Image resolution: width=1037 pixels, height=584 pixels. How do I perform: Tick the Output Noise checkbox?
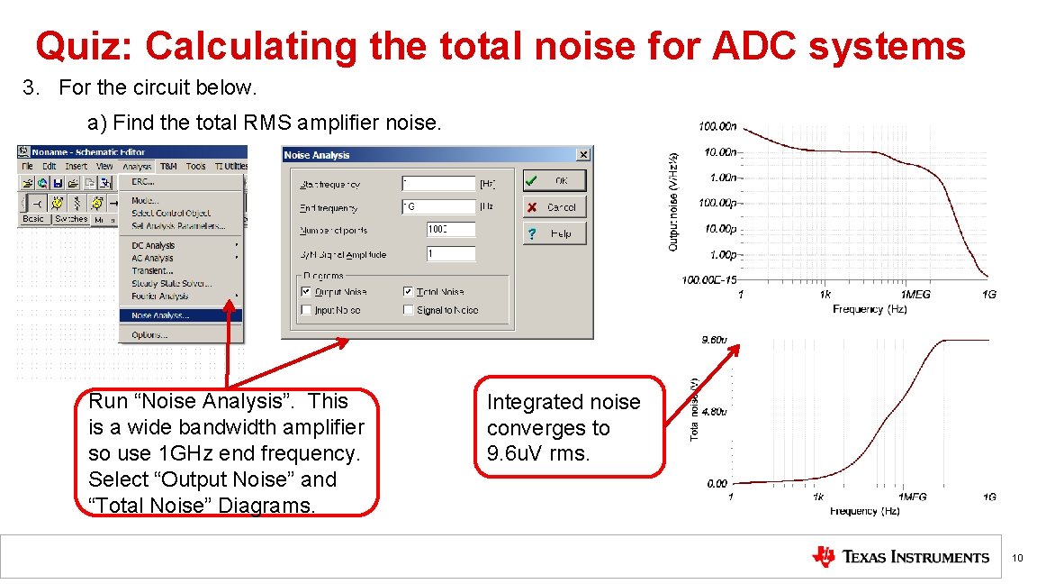coord(306,292)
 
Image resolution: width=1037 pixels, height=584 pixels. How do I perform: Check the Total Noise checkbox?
coord(409,292)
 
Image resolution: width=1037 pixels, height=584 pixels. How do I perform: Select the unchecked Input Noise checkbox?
coord(306,310)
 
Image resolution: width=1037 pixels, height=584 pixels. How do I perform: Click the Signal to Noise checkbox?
coord(409,310)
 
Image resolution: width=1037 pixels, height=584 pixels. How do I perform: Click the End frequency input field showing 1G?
coord(438,206)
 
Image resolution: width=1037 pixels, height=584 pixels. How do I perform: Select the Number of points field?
coord(450,230)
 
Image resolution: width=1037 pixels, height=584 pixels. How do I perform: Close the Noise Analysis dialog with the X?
coord(582,155)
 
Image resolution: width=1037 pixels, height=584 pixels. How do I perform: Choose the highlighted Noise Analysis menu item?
coord(160,315)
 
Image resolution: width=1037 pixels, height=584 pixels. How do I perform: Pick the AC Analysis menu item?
coord(152,258)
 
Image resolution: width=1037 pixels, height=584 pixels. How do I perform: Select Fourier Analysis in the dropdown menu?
coord(159,296)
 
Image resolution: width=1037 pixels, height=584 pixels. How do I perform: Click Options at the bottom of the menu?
coord(149,334)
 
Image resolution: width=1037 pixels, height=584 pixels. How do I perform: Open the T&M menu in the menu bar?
coord(168,166)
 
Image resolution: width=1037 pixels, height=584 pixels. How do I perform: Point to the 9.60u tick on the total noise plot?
coord(714,340)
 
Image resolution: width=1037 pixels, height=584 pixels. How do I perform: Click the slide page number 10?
coord(1016,559)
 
